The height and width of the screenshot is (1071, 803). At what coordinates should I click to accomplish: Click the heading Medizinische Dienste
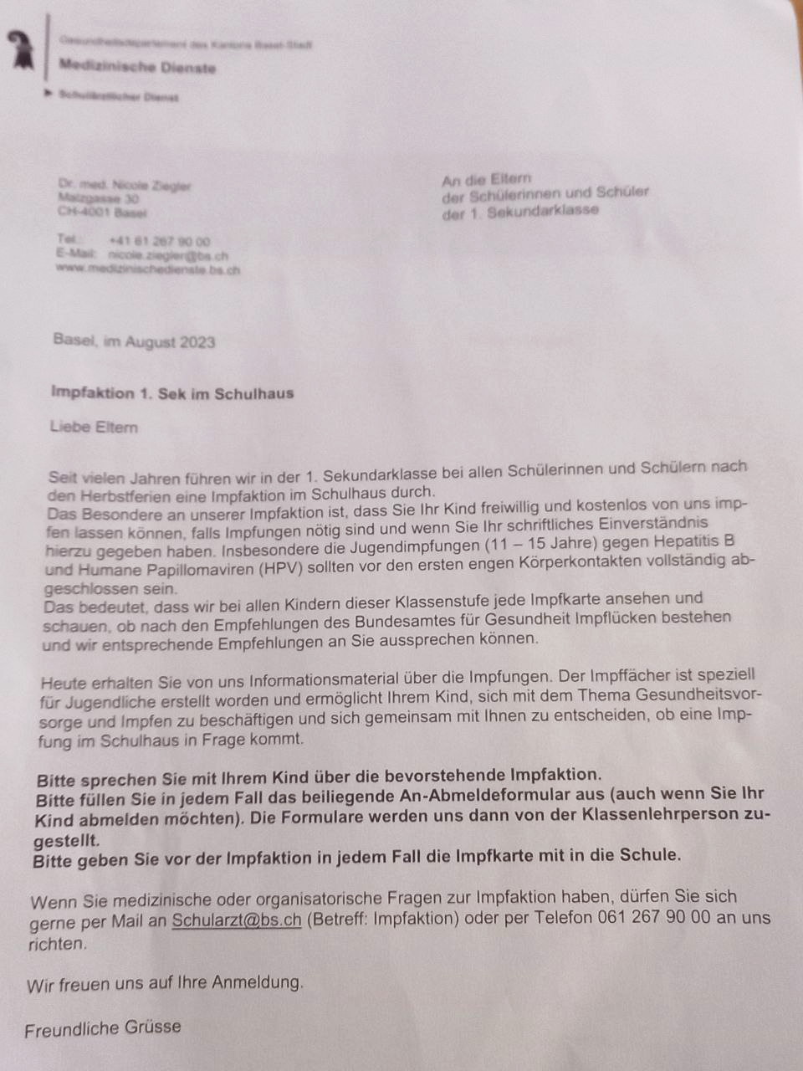tap(137, 67)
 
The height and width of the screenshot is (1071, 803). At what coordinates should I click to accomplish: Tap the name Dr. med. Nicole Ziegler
tap(125, 186)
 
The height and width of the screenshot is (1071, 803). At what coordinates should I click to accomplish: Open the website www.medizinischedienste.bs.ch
tap(148, 269)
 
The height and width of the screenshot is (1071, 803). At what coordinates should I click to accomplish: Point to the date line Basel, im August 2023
tap(134, 341)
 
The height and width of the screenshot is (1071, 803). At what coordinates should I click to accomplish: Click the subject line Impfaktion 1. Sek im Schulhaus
tap(172, 392)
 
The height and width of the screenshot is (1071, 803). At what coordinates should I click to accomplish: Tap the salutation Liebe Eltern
tap(94, 427)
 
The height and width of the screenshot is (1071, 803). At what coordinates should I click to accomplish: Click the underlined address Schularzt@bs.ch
tap(237, 920)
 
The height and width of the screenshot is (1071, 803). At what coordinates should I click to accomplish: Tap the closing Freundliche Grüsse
tap(103, 1028)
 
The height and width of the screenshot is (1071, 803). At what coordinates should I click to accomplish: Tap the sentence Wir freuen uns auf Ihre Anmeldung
tap(165, 983)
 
